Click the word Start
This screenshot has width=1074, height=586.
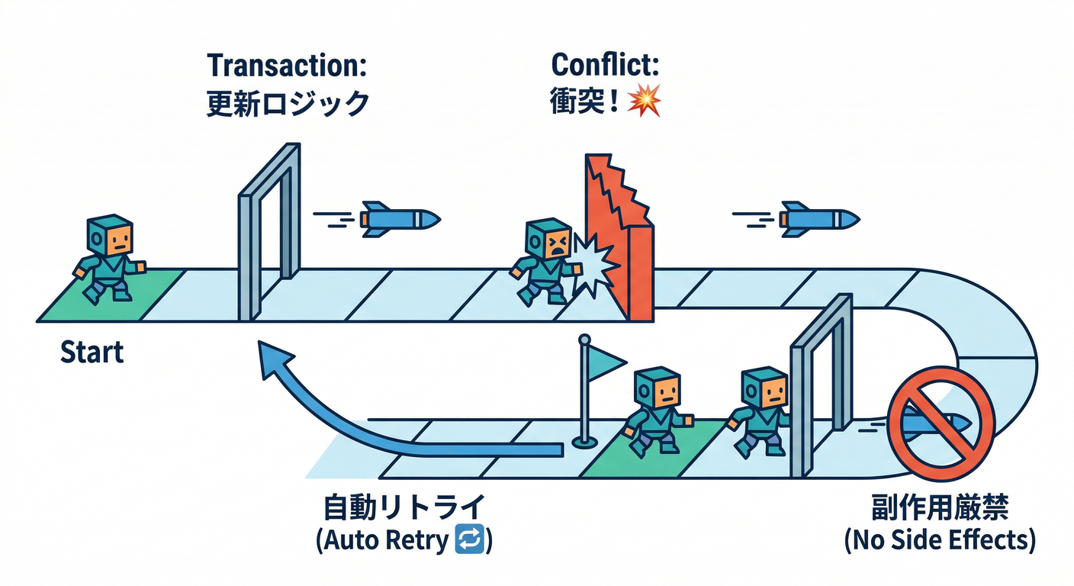click(x=92, y=353)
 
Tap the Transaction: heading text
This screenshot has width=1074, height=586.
click(x=287, y=65)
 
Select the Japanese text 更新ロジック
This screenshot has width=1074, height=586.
click(x=287, y=102)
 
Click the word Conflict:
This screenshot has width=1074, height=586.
click(x=605, y=65)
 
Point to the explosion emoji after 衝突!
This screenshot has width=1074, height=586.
click(x=643, y=102)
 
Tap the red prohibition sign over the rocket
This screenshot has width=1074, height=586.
click(x=941, y=419)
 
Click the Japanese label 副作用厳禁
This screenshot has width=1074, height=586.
click(x=940, y=507)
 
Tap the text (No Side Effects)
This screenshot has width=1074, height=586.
click(x=940, y=539)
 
